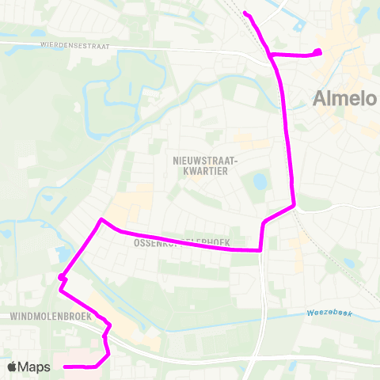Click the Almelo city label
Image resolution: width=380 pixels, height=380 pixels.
pos(340,99)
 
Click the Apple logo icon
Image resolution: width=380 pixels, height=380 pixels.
pos(13,367)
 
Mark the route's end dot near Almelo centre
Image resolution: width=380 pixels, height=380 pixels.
pos(317,53)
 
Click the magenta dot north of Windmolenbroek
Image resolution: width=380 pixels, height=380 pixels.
pos(62,277)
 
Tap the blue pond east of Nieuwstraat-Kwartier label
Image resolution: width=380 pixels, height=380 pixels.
pos(260,182)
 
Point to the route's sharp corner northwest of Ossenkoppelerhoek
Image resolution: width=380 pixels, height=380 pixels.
pos(101,218)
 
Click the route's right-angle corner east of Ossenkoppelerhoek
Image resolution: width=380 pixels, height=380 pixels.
pos(260,250)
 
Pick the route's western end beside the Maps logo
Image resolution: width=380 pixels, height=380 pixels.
pos(65,367)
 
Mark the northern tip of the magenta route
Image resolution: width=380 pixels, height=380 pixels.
pos(246,13)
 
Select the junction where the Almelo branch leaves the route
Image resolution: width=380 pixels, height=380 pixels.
pos(272,55)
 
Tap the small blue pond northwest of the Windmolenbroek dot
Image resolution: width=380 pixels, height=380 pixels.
pos(60,255)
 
